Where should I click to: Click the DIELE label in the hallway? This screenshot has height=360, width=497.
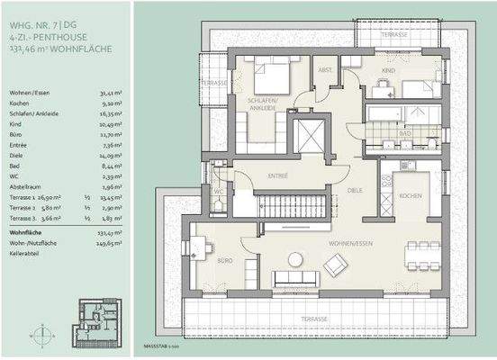coord(356,190)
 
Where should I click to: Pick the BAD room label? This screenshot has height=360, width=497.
coord(405,133)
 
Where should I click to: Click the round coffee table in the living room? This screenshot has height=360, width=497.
coord(295,259)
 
